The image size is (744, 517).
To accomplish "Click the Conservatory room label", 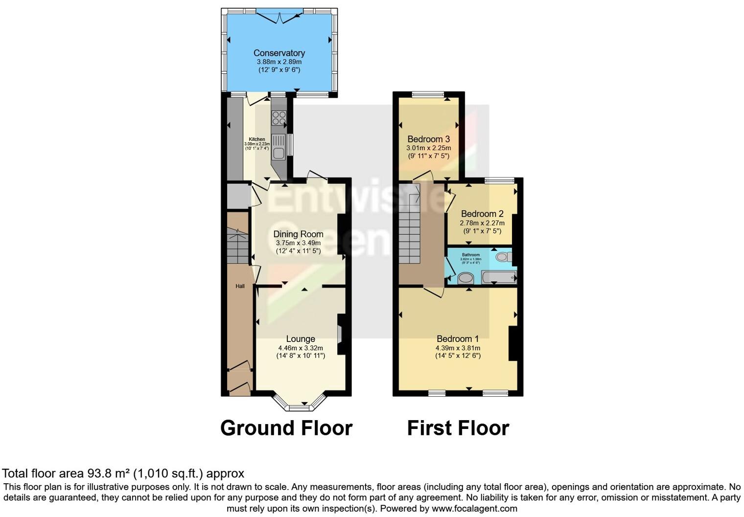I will (279, 53).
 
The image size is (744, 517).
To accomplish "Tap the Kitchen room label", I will (257, 139).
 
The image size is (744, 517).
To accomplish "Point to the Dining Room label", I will (298, 234).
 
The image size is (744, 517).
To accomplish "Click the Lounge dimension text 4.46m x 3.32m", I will (300, 348).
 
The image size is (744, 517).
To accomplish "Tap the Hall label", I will (240, 286).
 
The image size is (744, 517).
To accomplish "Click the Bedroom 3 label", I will (428, 139).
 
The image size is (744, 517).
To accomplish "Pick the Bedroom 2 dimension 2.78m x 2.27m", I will (482, 223).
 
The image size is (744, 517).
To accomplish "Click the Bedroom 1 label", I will (458, 339).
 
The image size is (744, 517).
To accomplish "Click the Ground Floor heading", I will (286, 428).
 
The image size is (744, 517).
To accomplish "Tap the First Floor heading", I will (458, 428).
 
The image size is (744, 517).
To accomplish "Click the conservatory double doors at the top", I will (279, 17).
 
